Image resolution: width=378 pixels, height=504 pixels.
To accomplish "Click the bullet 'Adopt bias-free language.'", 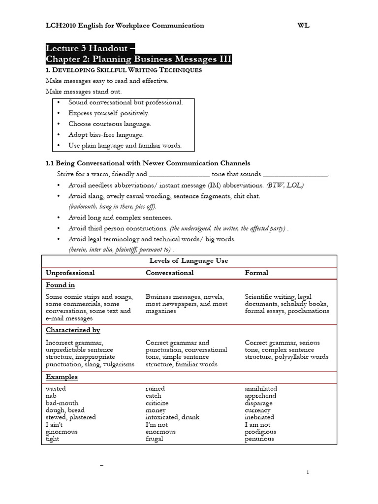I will (106, 134).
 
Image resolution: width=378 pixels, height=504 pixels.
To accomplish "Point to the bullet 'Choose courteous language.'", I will (109, 124).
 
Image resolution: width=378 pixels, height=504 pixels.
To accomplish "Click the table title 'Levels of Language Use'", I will (189, 260).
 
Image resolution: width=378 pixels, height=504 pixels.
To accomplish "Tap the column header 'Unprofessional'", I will (70, 273).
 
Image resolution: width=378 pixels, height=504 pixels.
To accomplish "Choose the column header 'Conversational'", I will (170, 273).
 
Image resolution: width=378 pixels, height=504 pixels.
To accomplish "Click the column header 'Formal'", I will (256, 273).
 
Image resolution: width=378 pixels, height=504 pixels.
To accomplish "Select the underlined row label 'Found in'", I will (60, 285).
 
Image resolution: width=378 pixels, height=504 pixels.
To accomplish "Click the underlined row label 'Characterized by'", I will (73, 330).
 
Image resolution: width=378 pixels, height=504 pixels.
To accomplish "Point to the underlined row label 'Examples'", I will (62, 377).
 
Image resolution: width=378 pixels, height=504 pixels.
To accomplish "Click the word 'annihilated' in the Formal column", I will (261, 389).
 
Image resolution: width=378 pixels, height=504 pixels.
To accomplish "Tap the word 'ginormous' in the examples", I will (62, 432).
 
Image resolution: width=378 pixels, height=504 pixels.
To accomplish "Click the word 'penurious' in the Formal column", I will (259, 439).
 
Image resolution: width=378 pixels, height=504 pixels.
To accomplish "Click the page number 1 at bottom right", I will (308, 472).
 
